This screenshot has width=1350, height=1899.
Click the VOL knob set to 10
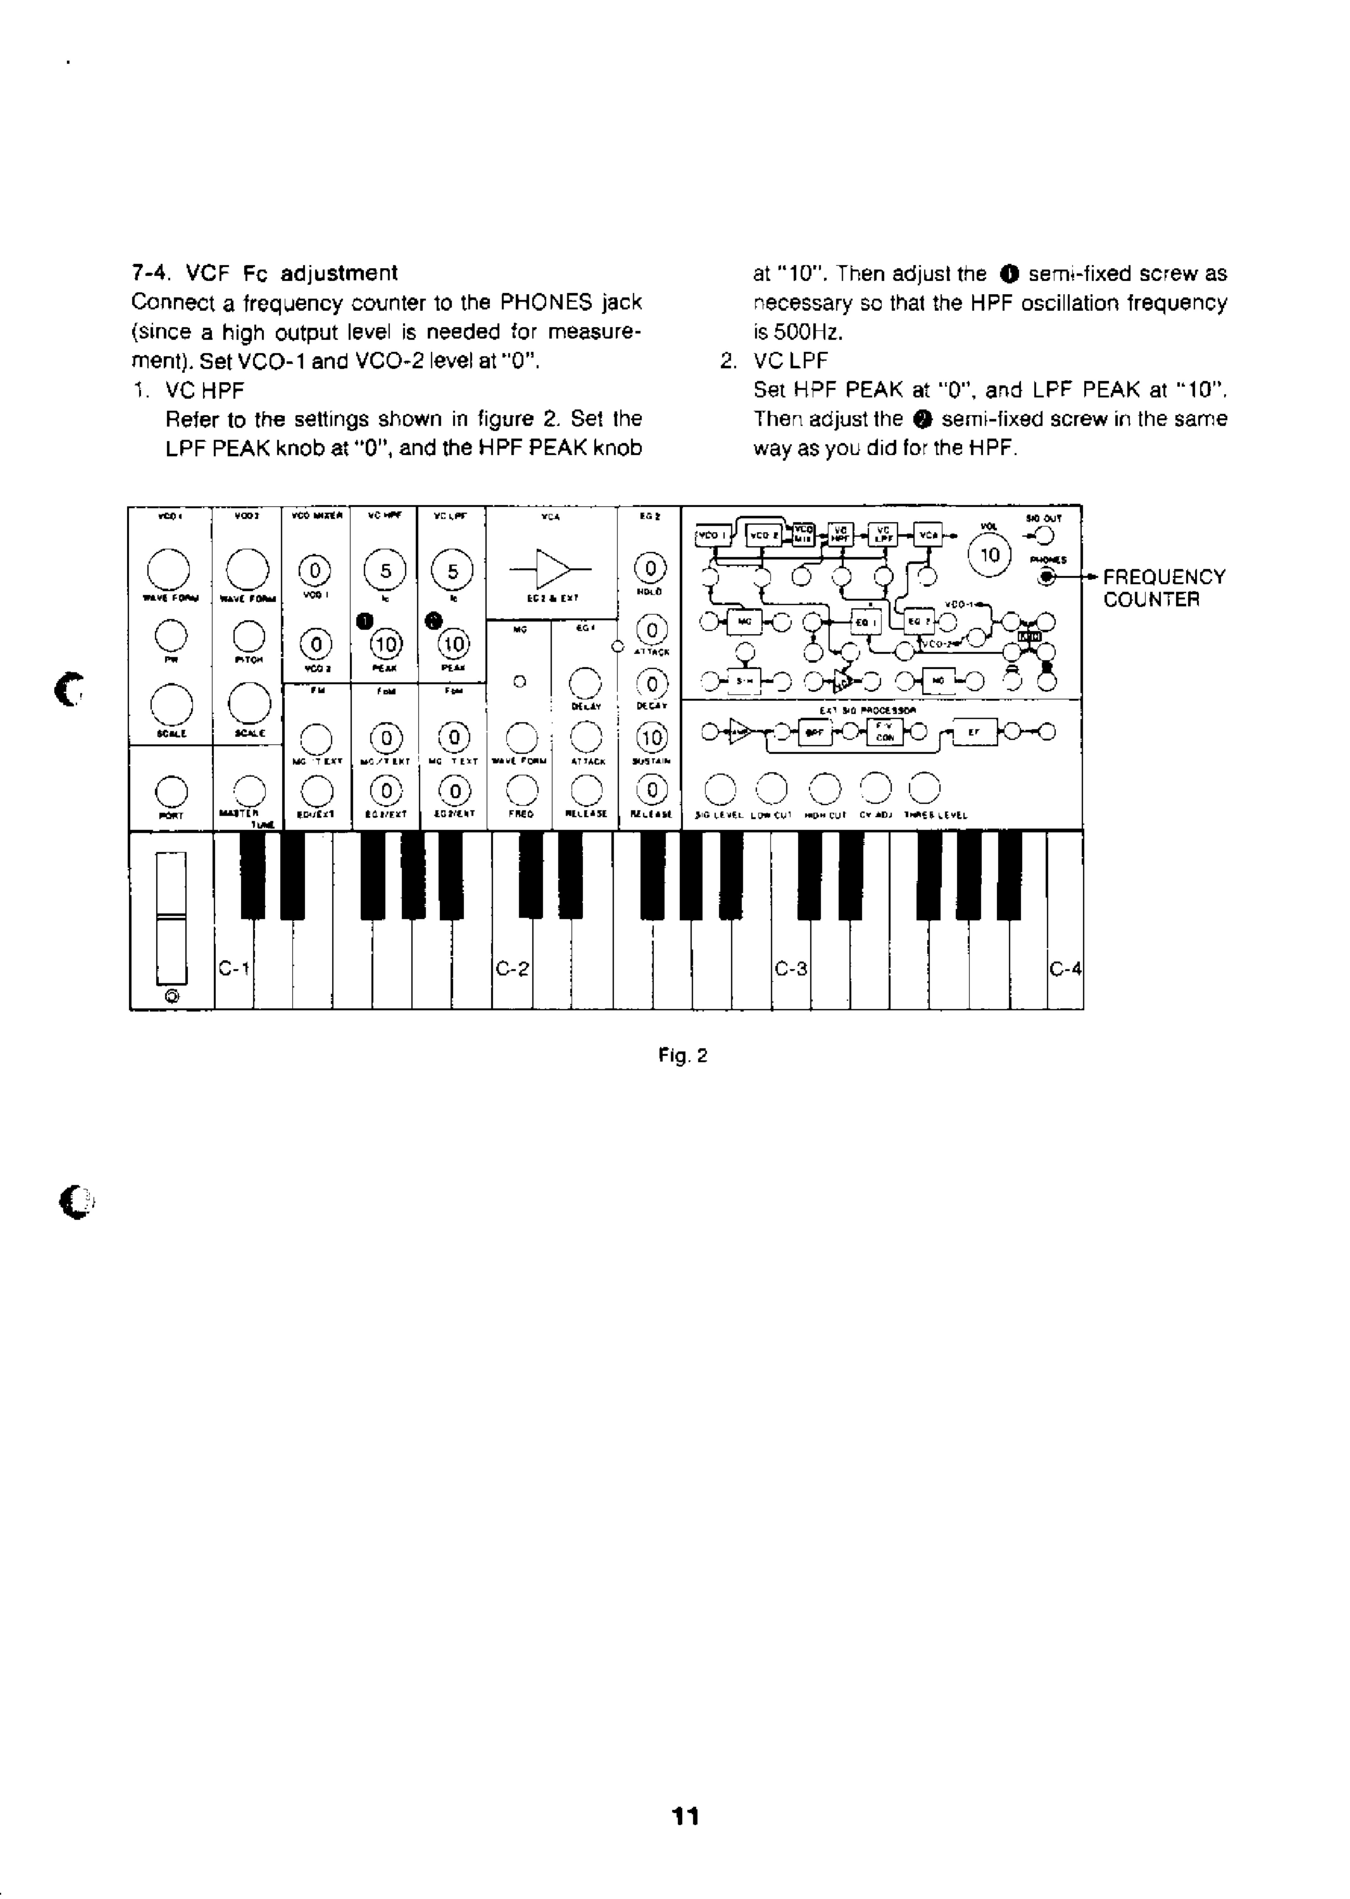(x=989, y=555)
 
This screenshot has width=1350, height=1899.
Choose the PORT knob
(x=171, y=791)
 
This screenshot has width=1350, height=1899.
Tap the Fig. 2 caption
(x=683, y=1056)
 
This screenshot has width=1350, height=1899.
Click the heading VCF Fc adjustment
(x=291, y=273)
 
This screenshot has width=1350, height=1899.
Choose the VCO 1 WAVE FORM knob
(x=168, y=569)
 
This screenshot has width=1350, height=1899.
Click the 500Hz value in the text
(x=798, y=333)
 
